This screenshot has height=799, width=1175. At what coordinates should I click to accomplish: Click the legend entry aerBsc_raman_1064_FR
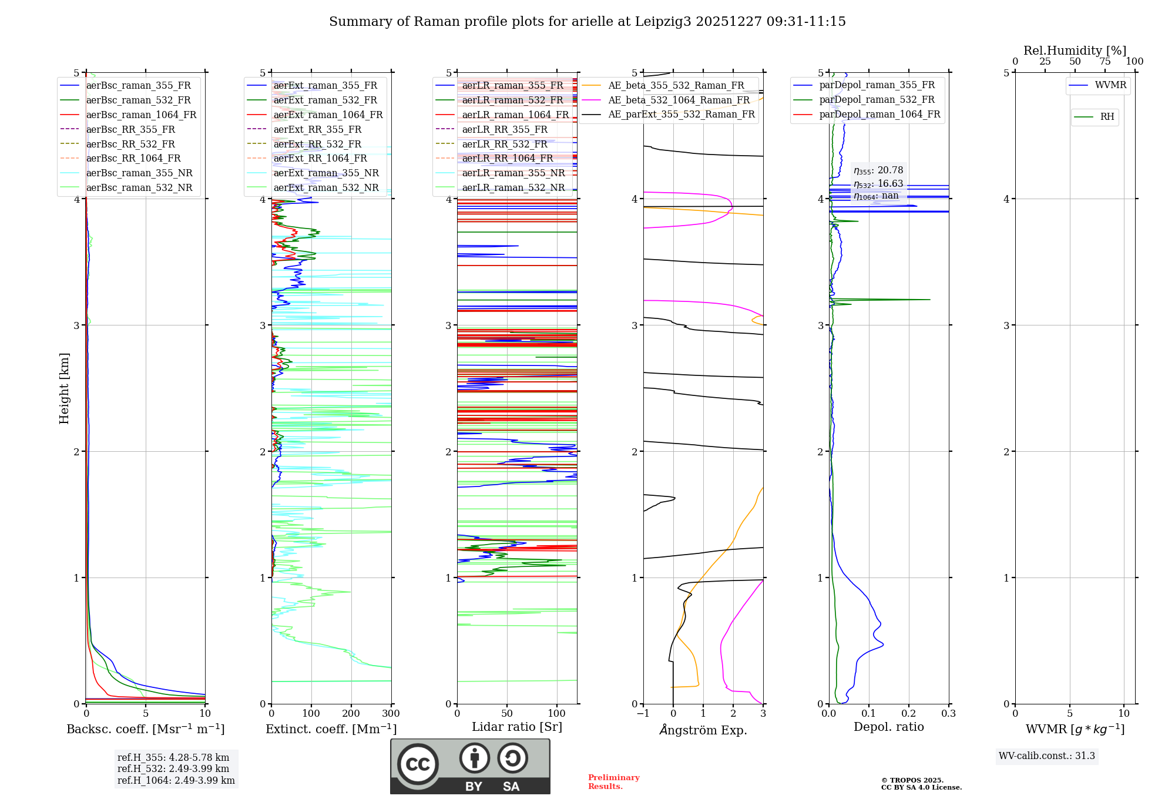click(141, 115)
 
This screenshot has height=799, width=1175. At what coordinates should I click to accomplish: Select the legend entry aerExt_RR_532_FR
click(317, 144)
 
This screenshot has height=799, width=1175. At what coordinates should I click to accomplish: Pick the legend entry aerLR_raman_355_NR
click(513, 173)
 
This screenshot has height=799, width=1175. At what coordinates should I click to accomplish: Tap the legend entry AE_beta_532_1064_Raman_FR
click(679, 100)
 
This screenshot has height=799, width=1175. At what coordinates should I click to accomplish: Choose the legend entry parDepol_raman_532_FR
click(877, 100)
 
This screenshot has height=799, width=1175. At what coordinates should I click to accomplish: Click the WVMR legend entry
click(1110, 85)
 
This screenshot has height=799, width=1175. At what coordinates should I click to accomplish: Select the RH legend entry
click(1107, 117)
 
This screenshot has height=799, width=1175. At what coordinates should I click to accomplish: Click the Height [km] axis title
click(64, 388)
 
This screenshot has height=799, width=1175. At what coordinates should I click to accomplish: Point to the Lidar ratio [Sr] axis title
click(517, 727)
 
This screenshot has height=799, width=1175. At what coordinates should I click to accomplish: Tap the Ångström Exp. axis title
click(703, 730)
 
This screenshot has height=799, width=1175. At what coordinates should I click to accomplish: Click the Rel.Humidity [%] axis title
click(1075, 51)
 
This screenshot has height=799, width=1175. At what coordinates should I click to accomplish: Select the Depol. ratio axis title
click(888, 727)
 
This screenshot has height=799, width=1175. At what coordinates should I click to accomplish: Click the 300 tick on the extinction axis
click(391, 714)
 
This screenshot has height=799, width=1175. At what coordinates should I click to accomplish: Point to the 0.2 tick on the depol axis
click(909, 714)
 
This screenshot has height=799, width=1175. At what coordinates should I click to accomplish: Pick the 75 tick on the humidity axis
click(1105, 62)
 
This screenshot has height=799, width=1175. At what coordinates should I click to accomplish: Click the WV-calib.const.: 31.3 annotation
click(1047, 756)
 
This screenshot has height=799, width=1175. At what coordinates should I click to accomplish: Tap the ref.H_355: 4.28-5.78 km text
click(173, 757)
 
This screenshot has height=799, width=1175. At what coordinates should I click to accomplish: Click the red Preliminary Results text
click(613, 781)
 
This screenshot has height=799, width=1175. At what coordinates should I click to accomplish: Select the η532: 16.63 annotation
click(878, 183)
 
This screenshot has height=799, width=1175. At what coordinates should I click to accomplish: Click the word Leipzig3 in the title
click(662, 22)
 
